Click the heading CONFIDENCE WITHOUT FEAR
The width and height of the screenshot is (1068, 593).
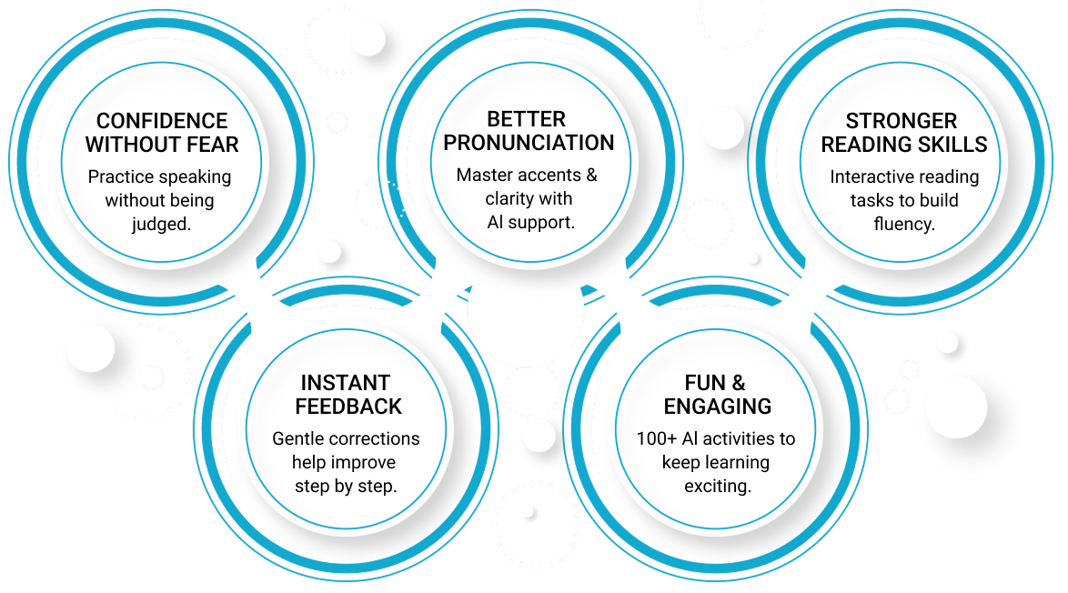[162, 133]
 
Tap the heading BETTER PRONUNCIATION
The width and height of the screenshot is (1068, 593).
[528, 132]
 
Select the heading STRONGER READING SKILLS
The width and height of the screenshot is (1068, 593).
[903, 133]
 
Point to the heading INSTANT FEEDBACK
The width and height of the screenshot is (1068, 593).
[345, 395]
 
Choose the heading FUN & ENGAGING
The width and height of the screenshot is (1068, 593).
[716, 395]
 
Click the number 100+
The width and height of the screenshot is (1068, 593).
[656, 438]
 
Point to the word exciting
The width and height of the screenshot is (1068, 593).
[717, 486]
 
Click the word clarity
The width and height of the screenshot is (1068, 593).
[511, 199]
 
